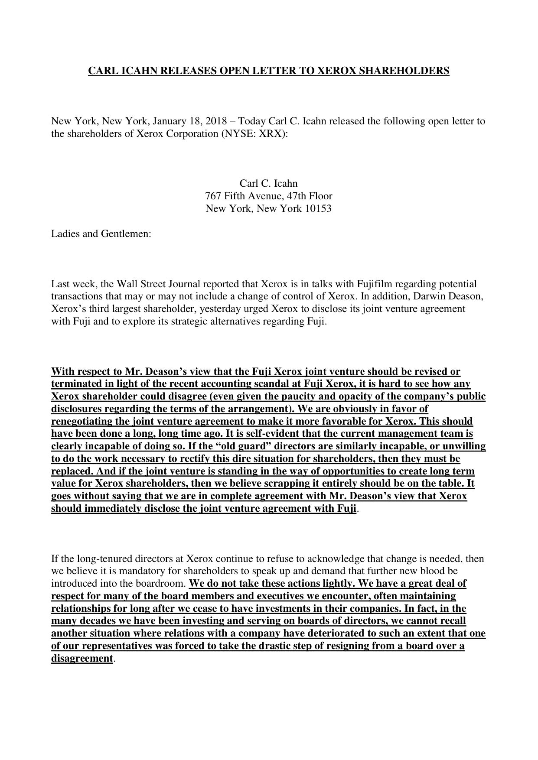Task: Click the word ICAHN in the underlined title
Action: (139, 71)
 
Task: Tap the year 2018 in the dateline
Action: (217, 121)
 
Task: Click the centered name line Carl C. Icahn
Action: (268, 183)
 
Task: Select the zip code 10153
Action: (318, 208)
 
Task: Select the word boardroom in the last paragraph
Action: (164, 584)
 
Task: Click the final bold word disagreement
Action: (82, 659)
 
